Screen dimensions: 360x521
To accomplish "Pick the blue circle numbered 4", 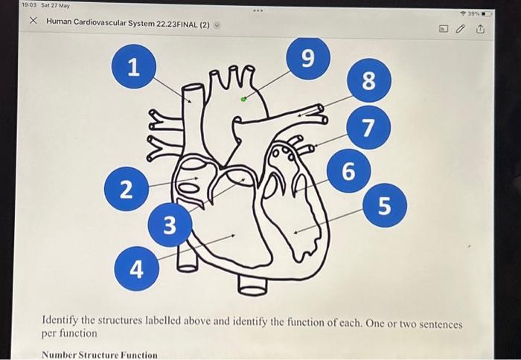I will [x=136, y=269].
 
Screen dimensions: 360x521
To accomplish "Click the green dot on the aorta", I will [x=243, y=98].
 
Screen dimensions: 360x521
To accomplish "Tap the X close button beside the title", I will [x=33, y=21].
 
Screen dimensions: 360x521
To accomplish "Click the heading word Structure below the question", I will [x=102, y=355].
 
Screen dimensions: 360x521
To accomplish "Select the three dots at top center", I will [x=258, y=12].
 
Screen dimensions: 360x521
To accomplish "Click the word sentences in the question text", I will [x=440, y=325].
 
